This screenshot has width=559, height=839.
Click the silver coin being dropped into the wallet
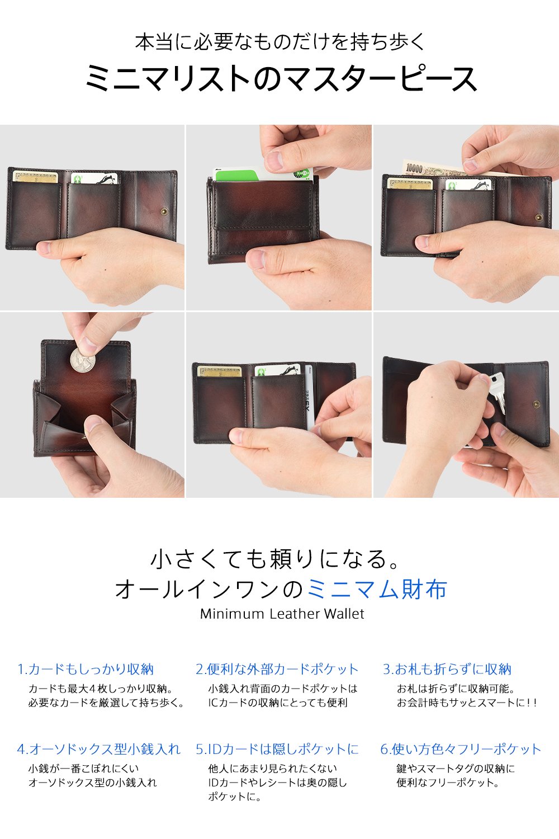[x=82, y=360]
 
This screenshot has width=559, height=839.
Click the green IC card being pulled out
[x=263, y=174]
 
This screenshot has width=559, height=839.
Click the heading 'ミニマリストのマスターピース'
[x=281, y=78]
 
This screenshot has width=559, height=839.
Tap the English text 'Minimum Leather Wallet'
[x=282, y=614]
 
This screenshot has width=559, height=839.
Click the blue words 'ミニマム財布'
[x=377, y=589]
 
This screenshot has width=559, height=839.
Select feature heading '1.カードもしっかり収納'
[x=86, y=669]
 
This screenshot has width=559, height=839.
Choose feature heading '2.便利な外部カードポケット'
[x=277, y=669]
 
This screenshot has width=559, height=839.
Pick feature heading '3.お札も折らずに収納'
[x=447, y=669]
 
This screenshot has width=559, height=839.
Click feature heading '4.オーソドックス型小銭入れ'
[x=99, y=749]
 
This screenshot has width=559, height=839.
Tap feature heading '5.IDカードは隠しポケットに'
[x=277, y=749]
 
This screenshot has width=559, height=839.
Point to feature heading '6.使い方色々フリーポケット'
[x=461, y=749]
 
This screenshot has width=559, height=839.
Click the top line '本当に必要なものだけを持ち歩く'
[x=280, y=41]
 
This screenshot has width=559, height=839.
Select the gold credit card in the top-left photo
[x=36, y=176]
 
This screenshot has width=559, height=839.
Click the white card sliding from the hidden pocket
[x=309, y=398]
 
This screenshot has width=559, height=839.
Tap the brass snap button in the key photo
[x=536, y=404]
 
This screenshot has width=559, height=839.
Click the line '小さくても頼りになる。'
[x=274, y=559]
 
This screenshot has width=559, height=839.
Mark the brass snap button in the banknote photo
[x=539, y=217]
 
